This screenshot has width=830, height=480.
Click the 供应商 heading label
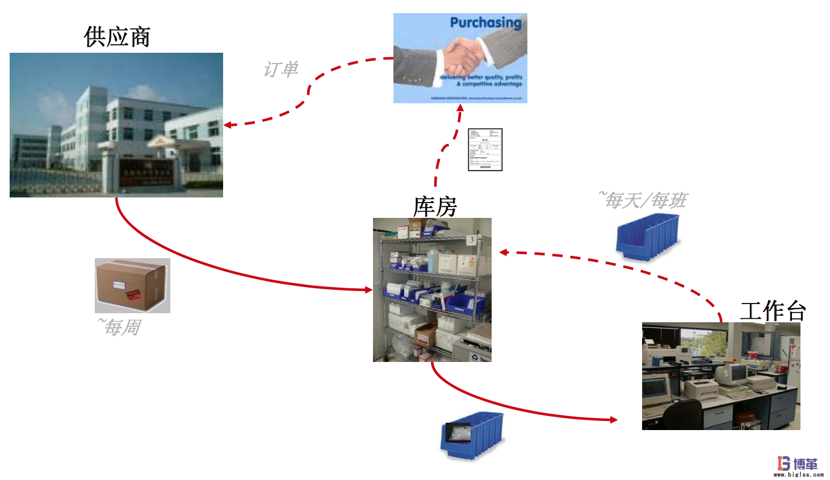(117, 37)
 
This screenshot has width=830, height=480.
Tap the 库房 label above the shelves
(435, 207)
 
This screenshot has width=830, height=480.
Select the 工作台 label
(773, 311)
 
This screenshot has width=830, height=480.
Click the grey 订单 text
(280, 70)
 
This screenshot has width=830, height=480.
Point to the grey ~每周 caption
(120, 327)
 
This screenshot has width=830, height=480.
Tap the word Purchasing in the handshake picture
(485, 23)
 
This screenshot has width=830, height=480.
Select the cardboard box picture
(132, 285)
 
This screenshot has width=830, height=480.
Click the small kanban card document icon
(485, 150)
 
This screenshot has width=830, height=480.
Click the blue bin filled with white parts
(471, 435)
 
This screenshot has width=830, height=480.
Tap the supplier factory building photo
(116, 125)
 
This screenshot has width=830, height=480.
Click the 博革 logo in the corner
(798, 465)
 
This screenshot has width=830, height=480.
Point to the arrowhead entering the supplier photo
(228, 125)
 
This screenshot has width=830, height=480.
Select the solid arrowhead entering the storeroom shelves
(368, 290)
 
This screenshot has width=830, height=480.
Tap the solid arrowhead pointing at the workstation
(614, 420)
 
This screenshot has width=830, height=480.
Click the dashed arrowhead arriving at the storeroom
(504, 252)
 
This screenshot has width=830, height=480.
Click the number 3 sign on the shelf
(471, 240)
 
